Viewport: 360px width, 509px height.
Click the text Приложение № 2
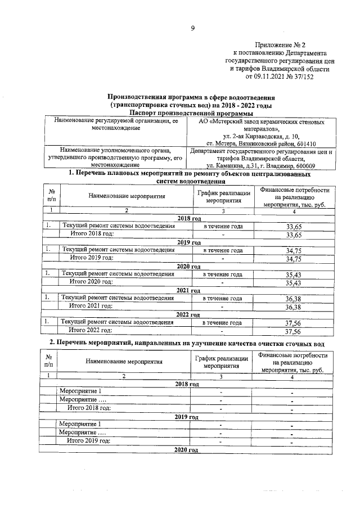click(280, 44)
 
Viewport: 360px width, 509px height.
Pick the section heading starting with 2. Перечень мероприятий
click(191, 343)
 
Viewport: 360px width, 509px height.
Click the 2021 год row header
click(188, 291)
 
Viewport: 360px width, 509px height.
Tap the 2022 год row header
click(188, 314)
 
